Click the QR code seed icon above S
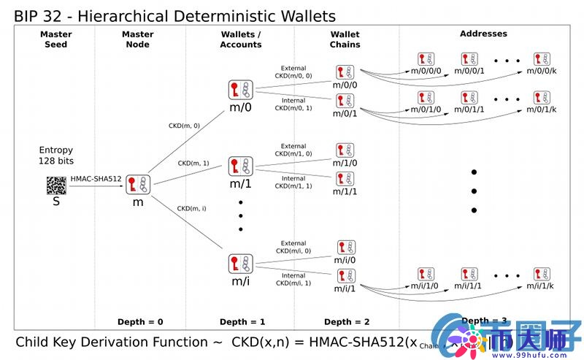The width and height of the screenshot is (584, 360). pyautogui.click(x=56, y=185)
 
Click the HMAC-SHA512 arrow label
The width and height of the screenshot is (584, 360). pyautogui.click(x=96, y=178)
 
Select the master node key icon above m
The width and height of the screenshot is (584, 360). pyautogui.click(x=137, y=185)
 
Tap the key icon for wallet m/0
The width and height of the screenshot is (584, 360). pyautogui.click(x=240, y=91)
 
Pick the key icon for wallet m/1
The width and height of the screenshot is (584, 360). pyautogui.click(x=240, y=166)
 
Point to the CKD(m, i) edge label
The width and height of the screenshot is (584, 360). pyautogui.click(x=191, y=209)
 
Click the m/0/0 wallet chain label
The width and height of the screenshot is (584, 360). pyautogui.click(x=345, y=85)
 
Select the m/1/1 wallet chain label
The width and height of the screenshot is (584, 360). pyautogui.click(x=345, y=191)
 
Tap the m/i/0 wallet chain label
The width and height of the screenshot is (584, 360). pyautogui.click(x=345, y=260)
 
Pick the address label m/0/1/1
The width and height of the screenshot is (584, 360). pyautogui.click(x=469, y=110)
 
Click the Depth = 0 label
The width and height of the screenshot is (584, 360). pyautogui.click(x=140, y=322)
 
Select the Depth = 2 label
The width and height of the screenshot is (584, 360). pyautogui.click(x=347, y=322)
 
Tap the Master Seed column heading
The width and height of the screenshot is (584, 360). pyautogui.click(x=56, y=39)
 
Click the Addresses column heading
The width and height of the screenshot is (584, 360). pyautogui.click(x=483, y=34)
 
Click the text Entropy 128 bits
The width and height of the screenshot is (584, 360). pyautogui.click(x=56, y=156)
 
